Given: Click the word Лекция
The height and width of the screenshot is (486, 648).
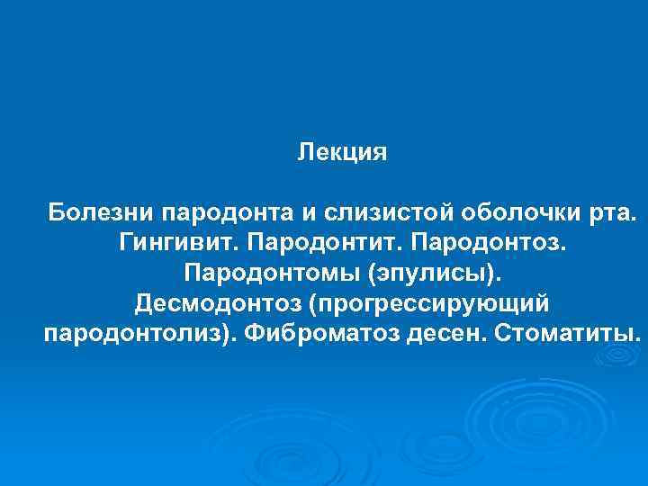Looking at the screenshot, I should tap(343, 153).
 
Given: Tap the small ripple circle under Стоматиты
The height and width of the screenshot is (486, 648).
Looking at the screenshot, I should tap(615, 357).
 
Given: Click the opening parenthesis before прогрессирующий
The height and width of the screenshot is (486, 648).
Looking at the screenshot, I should tap(312, 303).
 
